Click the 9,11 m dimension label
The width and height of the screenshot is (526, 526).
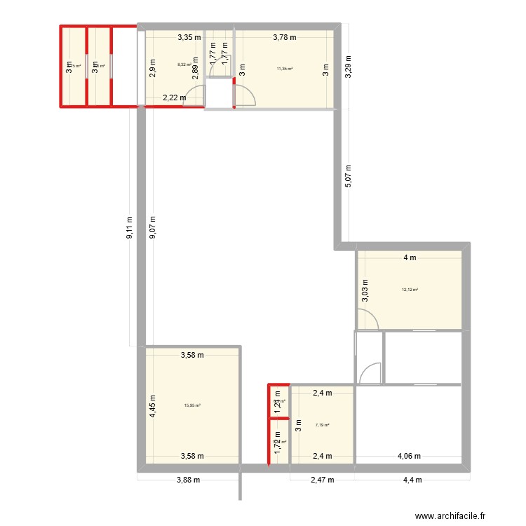(129, 227)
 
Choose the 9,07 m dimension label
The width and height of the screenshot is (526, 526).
(152, 227)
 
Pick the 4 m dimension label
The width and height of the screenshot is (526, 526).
(410, 257)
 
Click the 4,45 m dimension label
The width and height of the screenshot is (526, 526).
(153, 404)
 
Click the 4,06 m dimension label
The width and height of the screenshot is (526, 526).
(410, 456)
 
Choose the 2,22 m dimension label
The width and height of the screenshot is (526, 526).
(174, 98)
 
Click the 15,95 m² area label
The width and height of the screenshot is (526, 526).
(192, 405)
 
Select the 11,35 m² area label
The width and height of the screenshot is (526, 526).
(285, 69)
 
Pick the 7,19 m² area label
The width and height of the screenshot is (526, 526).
(323, 425)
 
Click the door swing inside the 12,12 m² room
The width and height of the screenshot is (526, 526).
(370, 320)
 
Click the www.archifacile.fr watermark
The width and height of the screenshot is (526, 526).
(450, 516)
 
